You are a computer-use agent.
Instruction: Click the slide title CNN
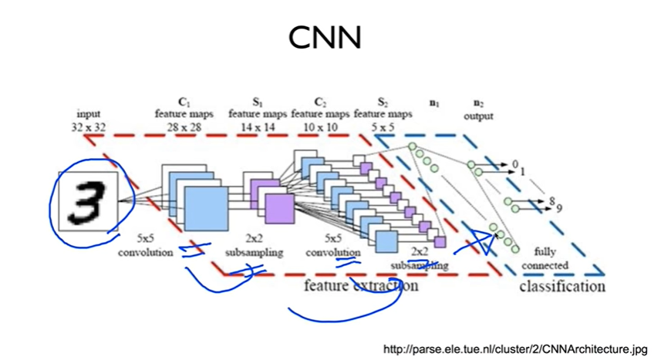324,36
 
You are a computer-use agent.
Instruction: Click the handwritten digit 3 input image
87,200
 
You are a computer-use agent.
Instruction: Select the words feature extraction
361,285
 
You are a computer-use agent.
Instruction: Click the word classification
562,286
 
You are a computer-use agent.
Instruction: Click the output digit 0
515,163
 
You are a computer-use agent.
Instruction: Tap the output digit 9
558,207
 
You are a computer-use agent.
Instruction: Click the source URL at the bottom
516,349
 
